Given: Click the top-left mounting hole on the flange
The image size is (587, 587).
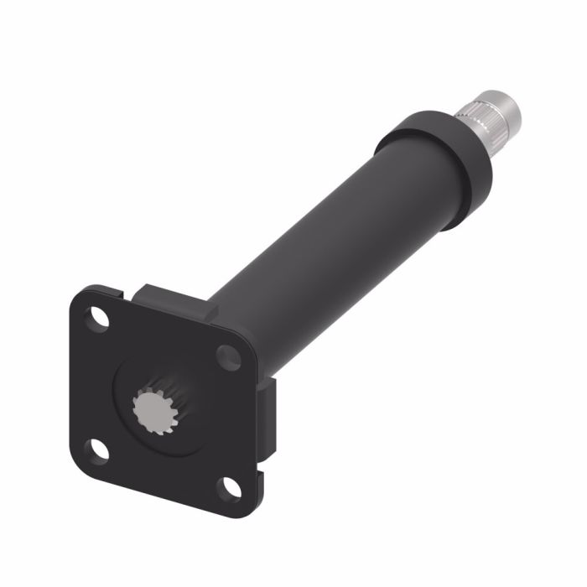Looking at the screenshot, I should [x=99, y=319].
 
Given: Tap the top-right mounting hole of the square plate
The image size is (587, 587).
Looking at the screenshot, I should [x=228, y=356].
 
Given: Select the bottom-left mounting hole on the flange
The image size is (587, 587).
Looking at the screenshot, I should [x=99, y=449].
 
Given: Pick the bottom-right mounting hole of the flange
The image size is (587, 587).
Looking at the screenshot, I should [x=229, y=486].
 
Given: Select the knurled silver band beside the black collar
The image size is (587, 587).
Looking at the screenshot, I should [x=477, y=126].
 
